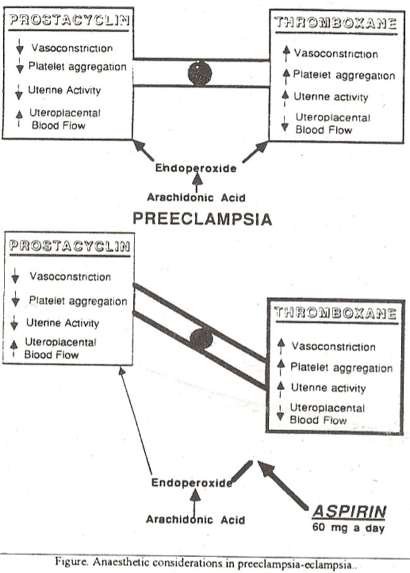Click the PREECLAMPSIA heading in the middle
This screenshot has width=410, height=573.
pyautogui.click(x=202, y=219)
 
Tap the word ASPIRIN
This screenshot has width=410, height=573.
pyautogui.click(x=349, y=512)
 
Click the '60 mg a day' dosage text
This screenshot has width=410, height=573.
pyautogui.click(x=348, y=528)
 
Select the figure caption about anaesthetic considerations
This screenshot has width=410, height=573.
pyautogui.click(x=204, y=563)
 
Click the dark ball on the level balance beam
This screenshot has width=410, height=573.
pyautogui.click(x=200, y=73)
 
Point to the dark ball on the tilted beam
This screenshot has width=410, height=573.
pyautogui.click(x=201, y=339)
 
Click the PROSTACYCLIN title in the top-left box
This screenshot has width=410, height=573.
pyautogui.click(x=69, y=20)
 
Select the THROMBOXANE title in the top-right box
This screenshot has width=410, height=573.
pyautogui.click(x=336, y=23)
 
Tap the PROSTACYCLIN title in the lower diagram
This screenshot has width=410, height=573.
pyautogui.click(x=69, y=246)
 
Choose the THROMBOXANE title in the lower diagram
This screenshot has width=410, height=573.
pyautogui.click(x=336, y=313)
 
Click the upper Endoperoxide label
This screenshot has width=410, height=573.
pyautogui.click(x=196, y=168)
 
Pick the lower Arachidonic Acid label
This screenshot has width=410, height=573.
pyautogui.click(x=196, y=519)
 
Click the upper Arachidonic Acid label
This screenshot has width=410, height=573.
pyautogui.click(x=196, y=198)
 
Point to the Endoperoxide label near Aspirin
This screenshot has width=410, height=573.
pyautogui.click(x=192, y=482)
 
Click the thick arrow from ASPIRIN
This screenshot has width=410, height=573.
pyautogui.click(x=283, y=484)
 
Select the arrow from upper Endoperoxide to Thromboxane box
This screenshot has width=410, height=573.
pyautogui.click(x=255, y=152)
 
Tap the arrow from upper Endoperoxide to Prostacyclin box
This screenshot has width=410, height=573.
pyautogui.click(x=143, y=150)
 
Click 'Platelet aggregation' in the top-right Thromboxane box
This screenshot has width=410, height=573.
pyautogui.click(x=344, y=75)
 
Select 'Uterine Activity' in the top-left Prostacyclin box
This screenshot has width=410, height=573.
pyautogui.click(x=64, y=90)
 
